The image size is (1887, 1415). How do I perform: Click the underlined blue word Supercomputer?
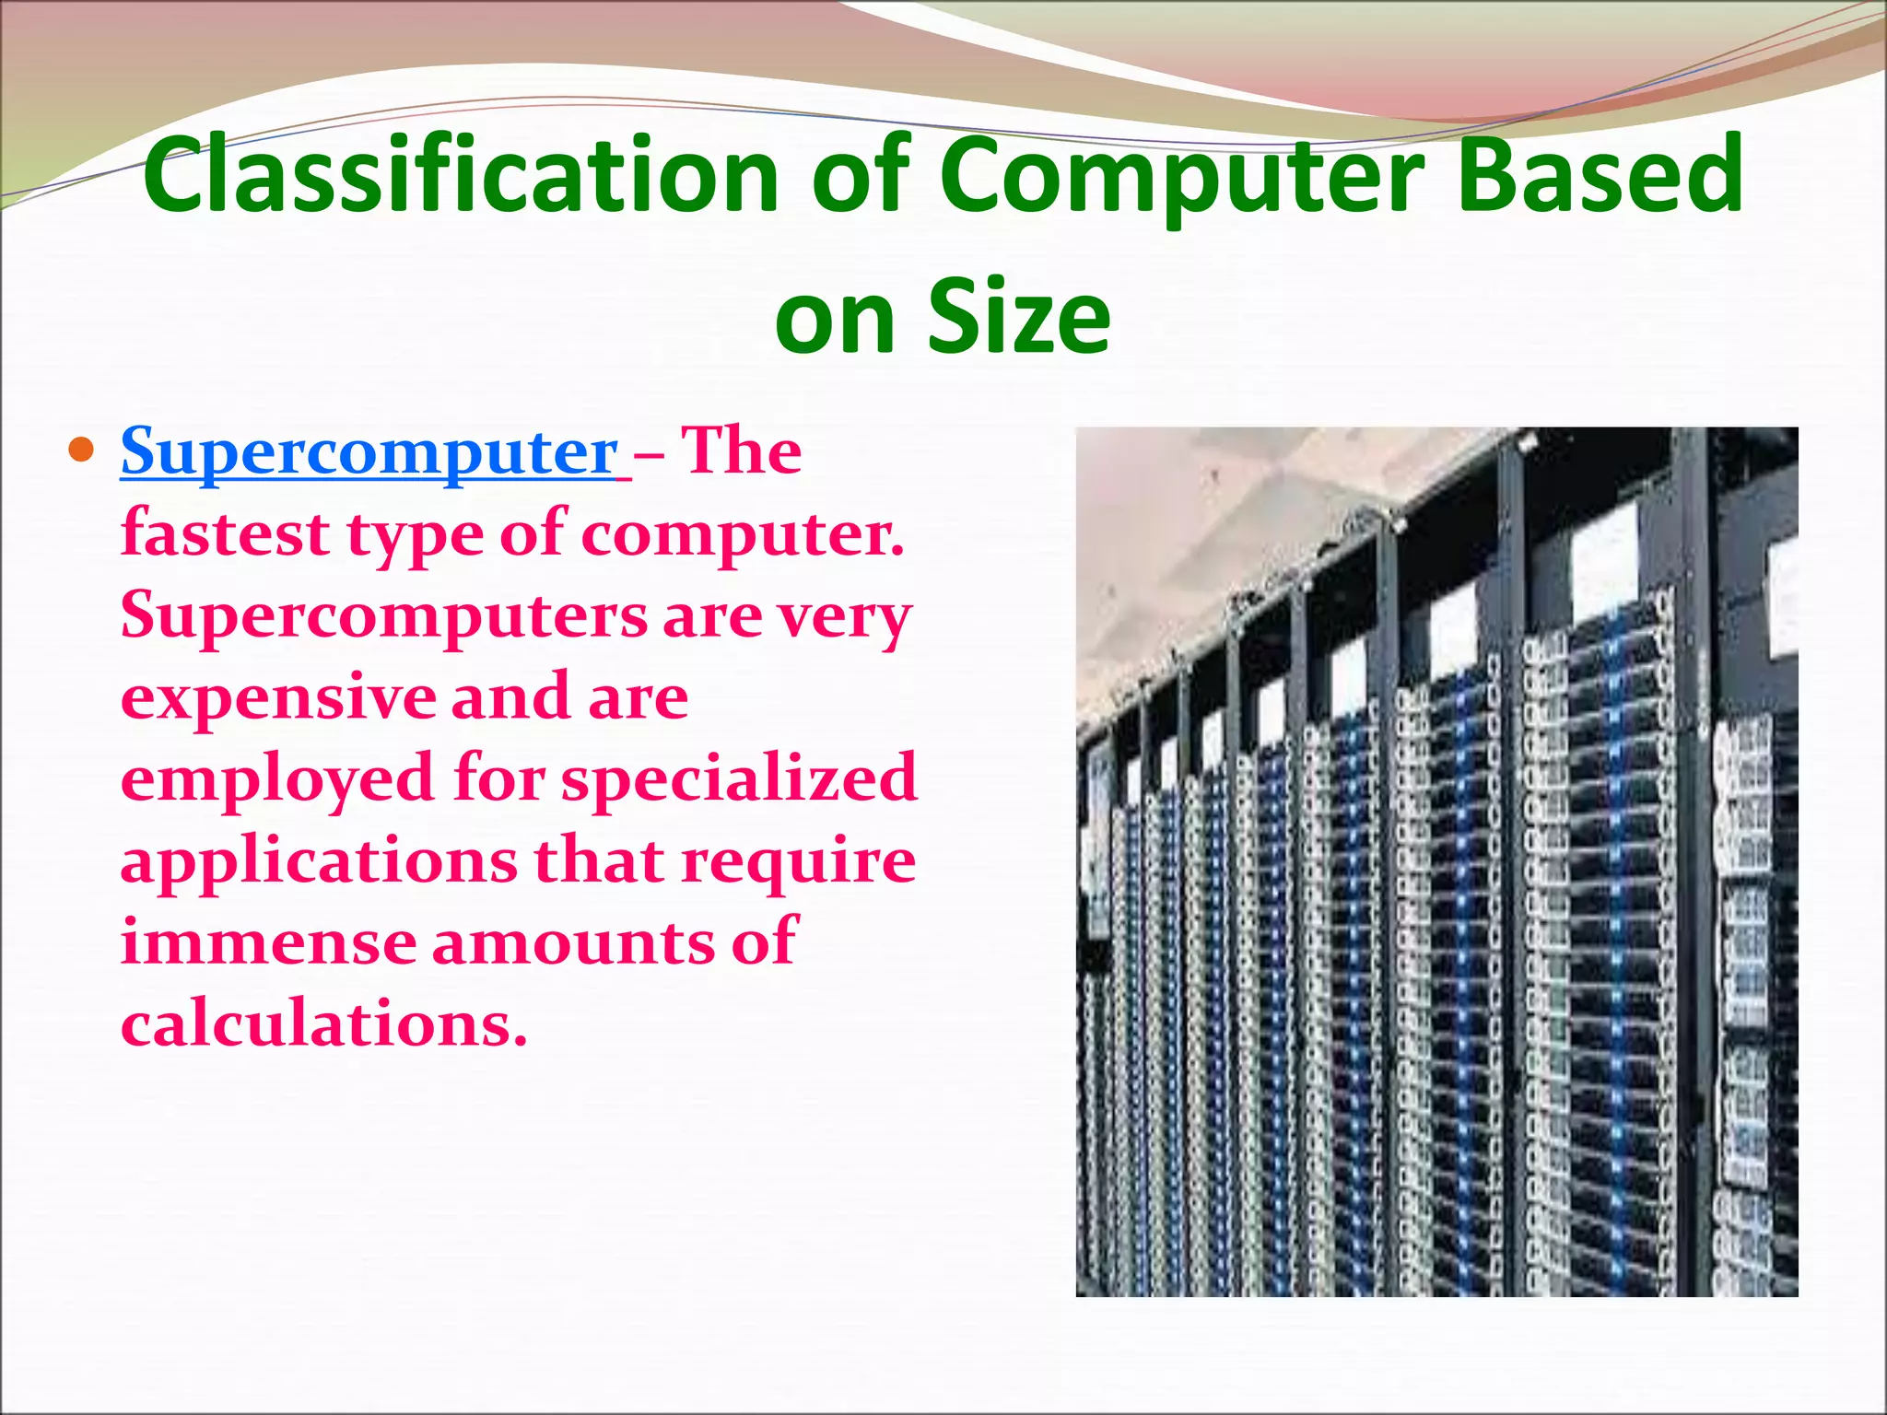(369, 453)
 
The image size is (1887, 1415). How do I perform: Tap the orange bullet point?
(82, 451)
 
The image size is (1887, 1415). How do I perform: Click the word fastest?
(225, 534)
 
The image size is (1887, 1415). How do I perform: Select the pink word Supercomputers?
(383, 616)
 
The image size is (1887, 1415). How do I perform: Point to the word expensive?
(276, 697)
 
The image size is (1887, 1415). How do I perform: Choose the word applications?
(318, 862)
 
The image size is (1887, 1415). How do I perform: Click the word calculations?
(323, 1024)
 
